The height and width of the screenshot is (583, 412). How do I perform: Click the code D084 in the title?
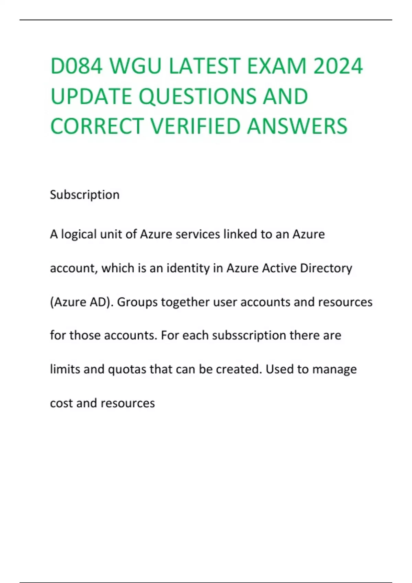tap(76, 66)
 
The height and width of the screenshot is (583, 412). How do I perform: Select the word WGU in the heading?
tap(135, 66)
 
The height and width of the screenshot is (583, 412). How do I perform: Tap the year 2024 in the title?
tap(338, 66)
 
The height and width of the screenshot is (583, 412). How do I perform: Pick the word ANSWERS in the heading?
tap(297, 126)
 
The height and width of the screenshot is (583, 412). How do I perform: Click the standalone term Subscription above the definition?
tap(84, 195)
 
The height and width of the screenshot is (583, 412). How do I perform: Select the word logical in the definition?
tap(79, 234)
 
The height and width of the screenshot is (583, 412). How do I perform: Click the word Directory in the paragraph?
tap(326, 268)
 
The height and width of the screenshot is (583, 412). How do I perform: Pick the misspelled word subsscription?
tap(249, 335)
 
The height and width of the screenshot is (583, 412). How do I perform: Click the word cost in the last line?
tap(61, 403)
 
